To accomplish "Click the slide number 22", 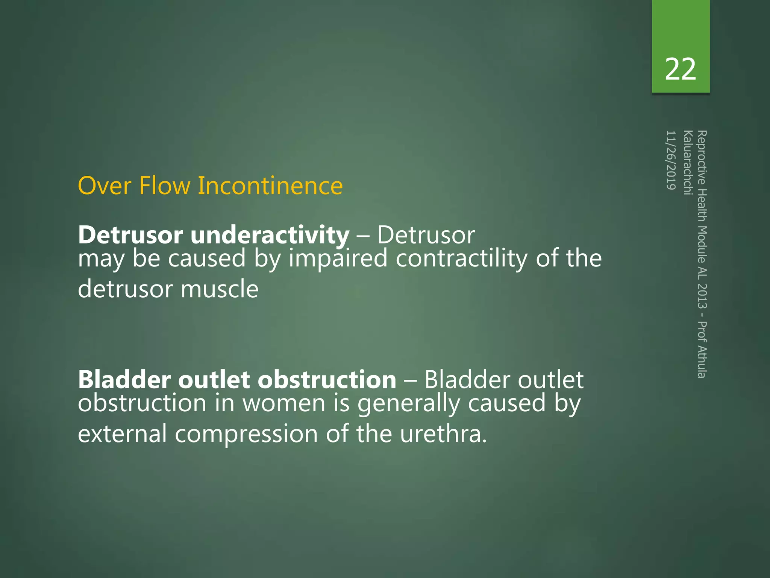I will (x=680, y=70).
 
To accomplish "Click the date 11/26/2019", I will (x=671, y=160).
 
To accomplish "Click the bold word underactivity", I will (x=270, y=235).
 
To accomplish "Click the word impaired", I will (x=338, y=259).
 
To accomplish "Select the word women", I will (x=283, y=403).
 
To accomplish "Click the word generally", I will (x=408, y=404).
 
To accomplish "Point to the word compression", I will (x=246, y=434).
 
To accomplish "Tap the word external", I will (x=122, y=434).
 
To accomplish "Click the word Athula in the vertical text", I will (x=702, y=361).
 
